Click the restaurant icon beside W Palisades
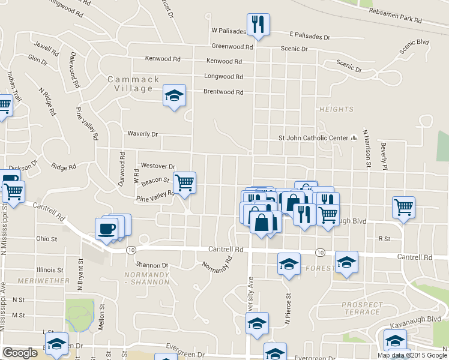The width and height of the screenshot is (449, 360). pyautogui.click(x=259, y=25)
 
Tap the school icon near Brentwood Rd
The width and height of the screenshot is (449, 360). pyautogui.click(x=174, y=95)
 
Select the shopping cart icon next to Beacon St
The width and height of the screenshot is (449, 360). pyautogui.click(x=184, y=182)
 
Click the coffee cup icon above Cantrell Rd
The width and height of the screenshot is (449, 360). pyautogui.click(x=107, y=229)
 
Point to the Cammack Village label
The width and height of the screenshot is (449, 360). pyautogui.click(x=134, y=84)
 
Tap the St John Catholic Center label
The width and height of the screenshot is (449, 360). pyautogui.click(x=313, y=138)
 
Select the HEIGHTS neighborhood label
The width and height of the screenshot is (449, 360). pyautogui.click(x=336, y=109)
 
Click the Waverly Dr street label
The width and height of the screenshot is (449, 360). pyautogui.click(x=142, y=134)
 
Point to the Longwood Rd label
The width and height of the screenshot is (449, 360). pyautogui.click(x=224, y=77)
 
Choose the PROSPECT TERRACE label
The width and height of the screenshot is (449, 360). pyautogui.click(x=362, y=308)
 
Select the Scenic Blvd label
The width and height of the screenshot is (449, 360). pyautogui.click(x=415, y=47)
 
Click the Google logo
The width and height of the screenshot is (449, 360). pyautogui.click(x=20, y=353)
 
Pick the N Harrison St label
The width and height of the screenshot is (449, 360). pyautogui.click(x=366, y=150)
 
